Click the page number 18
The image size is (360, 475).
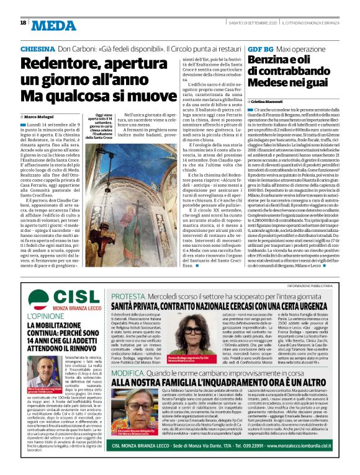(x=23, y=23)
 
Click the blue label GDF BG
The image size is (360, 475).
(x=261, y=48)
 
